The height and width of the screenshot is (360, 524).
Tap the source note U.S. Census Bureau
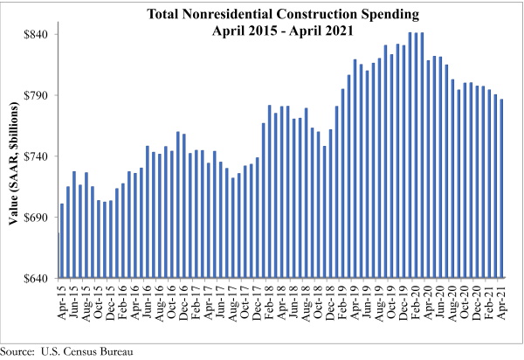[88, 351]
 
